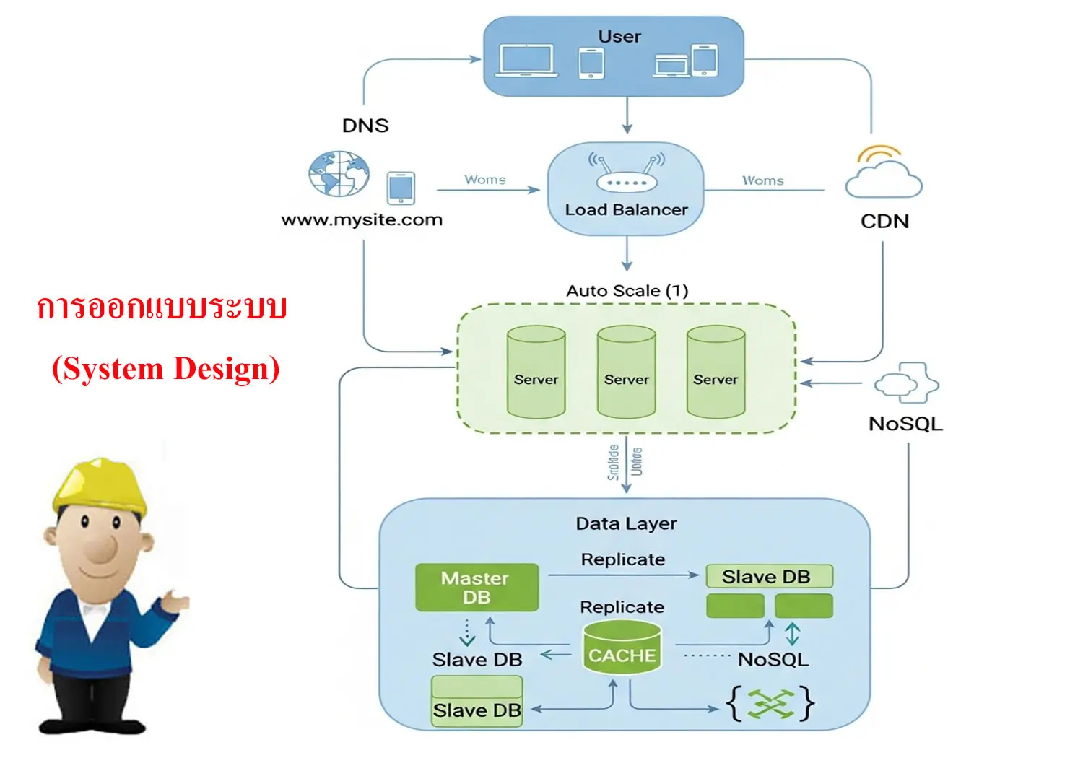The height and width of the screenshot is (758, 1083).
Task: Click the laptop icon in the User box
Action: [x=526, y=61]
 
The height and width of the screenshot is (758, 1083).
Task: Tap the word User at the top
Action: [x=619, y=36]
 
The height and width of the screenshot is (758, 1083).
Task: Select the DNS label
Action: [x=365, y=126]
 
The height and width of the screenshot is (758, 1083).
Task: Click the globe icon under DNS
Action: [x=339, y=174]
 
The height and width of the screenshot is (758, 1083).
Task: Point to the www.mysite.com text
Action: [x=362, y=219]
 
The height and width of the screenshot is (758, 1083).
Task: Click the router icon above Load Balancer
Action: [x=626, y=173]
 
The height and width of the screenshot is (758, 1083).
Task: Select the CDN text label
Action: [x=884, y=221]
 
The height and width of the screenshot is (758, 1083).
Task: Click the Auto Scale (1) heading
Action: [x=627, y=291]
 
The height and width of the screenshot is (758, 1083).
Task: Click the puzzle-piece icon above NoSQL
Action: [x=907, y=383]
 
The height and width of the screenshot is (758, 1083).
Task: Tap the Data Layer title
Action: [x=626, y=523]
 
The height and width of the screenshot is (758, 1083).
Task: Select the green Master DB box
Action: [x=477, y=588]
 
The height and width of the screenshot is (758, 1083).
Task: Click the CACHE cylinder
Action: [x=622, y=648]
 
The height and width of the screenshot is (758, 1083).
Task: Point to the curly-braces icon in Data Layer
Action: [x=770, y=703]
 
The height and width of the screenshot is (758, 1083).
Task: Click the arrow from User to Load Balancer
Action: [x=627, y=116]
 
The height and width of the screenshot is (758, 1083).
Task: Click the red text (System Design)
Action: [x=165, y=368]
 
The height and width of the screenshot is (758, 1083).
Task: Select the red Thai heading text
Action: [x=162, y=308]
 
